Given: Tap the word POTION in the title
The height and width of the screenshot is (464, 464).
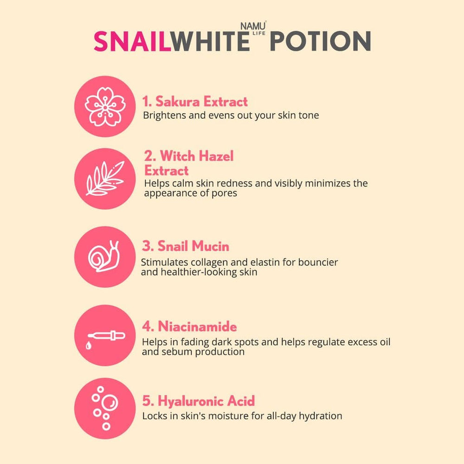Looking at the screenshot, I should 320,42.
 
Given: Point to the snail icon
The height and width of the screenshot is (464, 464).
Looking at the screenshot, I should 105,257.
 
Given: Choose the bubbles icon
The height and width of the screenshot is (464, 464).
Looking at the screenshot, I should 105,408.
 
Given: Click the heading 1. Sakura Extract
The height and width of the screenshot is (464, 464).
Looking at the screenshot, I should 195,102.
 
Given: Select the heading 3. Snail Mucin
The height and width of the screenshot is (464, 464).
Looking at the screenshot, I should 186,246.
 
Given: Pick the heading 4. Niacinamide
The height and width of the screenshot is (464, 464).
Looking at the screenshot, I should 190,327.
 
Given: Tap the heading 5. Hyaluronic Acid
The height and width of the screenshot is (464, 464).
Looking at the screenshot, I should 199,401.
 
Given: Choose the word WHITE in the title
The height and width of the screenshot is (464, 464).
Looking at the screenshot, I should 210,42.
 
